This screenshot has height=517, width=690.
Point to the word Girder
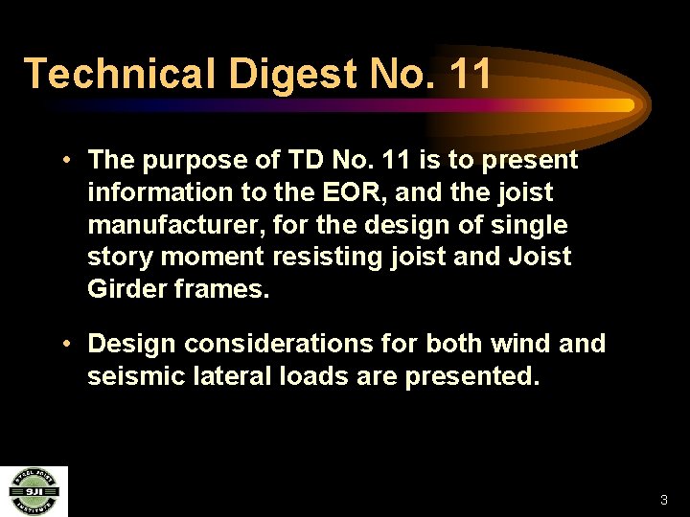pos(126,289)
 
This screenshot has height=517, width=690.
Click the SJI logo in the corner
pos(33,491)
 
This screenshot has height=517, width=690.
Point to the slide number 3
pos(663,500)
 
